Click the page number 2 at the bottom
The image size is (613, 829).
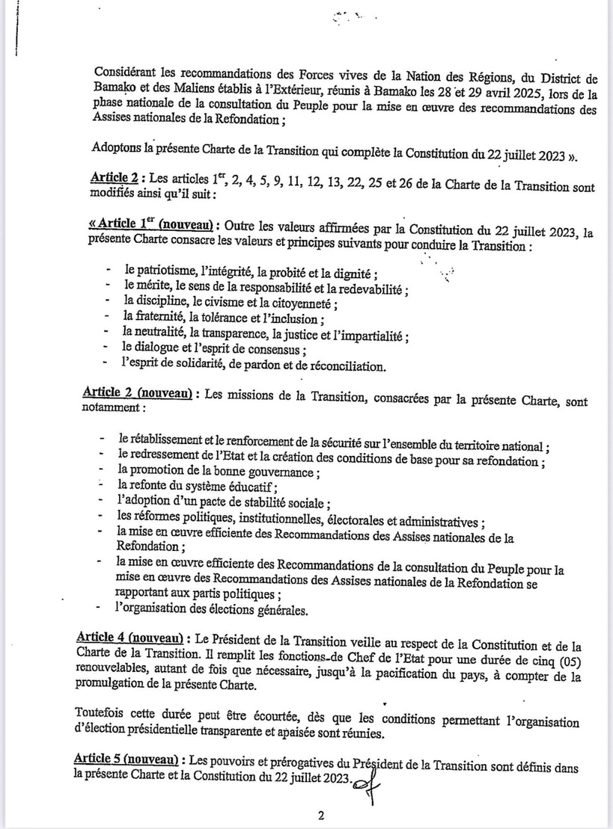320,816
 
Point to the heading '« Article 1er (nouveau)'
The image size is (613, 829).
142,225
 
